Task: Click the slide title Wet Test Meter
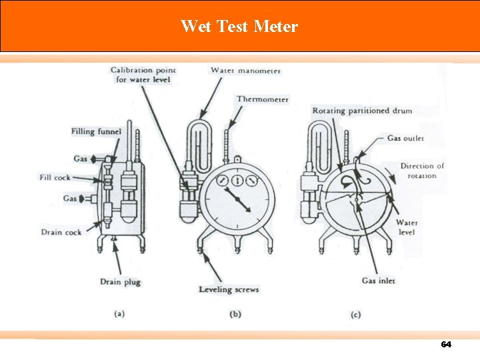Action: [x=239, y=27]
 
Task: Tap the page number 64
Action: [x=446, y=345]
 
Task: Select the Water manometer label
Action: [x=245, y=70]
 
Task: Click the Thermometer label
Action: [x=262, y=99]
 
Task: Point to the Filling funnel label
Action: [x=96, y=131]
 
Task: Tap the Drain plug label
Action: [x=120, y=282]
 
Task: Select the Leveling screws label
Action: [x=229, y=290]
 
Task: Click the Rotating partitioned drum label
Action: [x=362, y=110]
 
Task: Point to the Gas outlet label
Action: [x=405, y=138]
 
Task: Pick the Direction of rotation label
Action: [x=422, y=171]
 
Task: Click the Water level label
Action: [x=407, y=227]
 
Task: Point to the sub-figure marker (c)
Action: [x=355, y=313]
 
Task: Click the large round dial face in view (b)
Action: [x=239, y=201]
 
